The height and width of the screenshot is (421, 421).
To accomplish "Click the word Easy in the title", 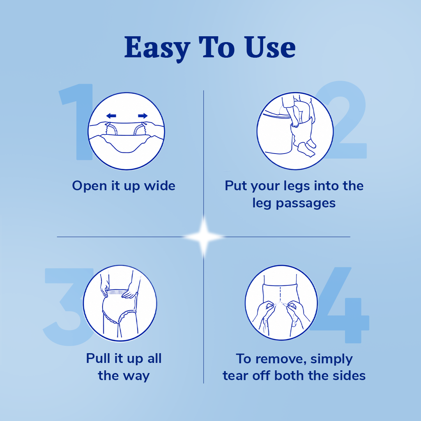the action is pos(157,48).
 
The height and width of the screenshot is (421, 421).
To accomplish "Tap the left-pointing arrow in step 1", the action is pos(111,116).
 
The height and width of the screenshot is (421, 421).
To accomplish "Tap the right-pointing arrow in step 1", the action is pos(143,116).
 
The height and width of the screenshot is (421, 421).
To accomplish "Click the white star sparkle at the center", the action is pos(203,237).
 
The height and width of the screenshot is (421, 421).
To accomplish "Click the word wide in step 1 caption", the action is pos(160,186).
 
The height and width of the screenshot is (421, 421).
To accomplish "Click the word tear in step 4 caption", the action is pos(235,376).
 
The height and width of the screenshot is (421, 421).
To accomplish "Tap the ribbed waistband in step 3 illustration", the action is pos(118,292).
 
